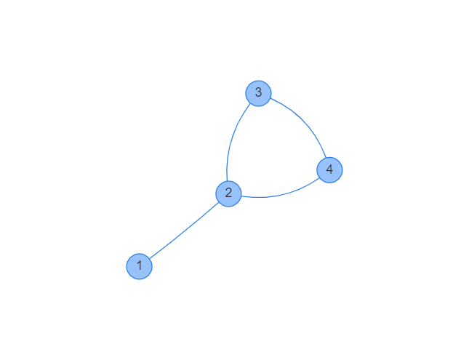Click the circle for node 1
(x=139, y=266)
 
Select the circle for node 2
(x=228, y=193)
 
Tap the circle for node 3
(x=258, y=93)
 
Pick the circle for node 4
(x=329, y=169)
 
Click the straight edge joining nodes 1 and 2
(x=183, y=230)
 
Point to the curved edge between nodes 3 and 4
(x=302, y=122)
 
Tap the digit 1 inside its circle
(x=139, y=266)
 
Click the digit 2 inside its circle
(x=228, y=193)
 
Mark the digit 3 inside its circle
(x=258, y=93)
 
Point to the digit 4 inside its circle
(x=329, y=169)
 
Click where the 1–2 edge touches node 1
(x=149, y=258)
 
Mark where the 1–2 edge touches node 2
(x=219, y=201)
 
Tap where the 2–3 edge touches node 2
(x=227, y=180)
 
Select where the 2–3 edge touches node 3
(x=252, y=104)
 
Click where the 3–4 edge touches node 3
(x=270, y=98)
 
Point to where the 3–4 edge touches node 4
(x=325, y=158)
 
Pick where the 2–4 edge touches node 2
(x=241, y=196)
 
